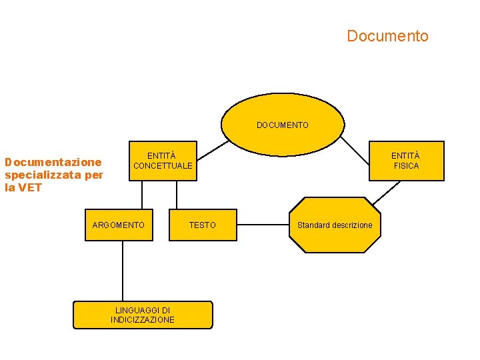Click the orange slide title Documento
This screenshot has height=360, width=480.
(x=387, y=36)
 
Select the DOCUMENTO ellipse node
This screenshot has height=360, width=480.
(x=283, y=124)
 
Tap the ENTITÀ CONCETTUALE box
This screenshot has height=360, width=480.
(x=162, y=161)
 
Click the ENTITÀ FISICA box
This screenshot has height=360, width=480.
(x=406, y=161)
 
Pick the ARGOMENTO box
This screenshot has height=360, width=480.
(x=118, y=225)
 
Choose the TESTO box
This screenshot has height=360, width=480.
(x=203, y=225)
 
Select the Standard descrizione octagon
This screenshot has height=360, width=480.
(x=335, y=225)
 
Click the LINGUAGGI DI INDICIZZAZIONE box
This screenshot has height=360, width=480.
(x=143, y=315)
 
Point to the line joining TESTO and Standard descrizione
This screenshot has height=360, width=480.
(x=263, y=225)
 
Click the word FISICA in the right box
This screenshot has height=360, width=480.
(x=406, y=166)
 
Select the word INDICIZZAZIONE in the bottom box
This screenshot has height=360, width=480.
(x=143, y=320)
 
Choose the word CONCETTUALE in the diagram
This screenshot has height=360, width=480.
(x=163, y=165)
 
